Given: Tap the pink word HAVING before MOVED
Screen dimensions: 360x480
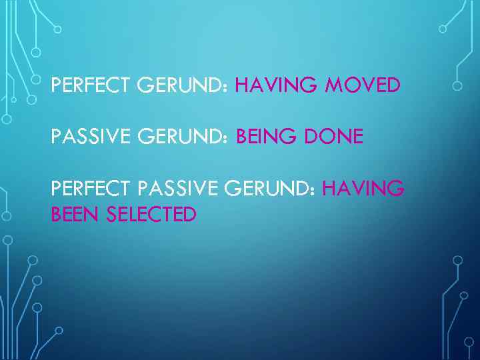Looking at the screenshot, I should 271,86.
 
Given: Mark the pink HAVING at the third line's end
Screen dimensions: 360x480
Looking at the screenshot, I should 363,190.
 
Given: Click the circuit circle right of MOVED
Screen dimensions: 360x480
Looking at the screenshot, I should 457,86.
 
